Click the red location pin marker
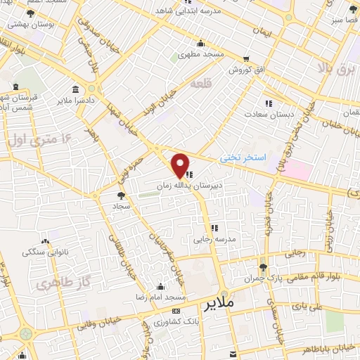[181, 165]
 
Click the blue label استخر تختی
[243, 158]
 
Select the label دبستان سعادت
[264, 113]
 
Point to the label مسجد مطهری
[199, 54]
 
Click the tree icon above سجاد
[120, 195]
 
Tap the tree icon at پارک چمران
[263, 268]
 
